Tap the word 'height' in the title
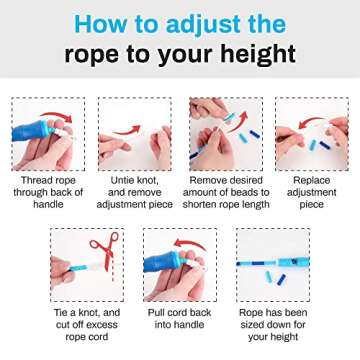point(258,53)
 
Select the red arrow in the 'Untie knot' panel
point(127,130)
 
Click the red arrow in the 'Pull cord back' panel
point(190,244)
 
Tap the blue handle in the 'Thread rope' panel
point(31,131)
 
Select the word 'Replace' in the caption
point(311,181)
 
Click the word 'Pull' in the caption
point(157,313)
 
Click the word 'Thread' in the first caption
point(36,181)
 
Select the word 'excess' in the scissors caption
point(100,325)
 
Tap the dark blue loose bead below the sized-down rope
point(281,279)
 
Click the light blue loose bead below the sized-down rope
point(269,276)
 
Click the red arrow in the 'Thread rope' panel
point(56,116)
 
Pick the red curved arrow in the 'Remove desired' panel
point(239,122)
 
